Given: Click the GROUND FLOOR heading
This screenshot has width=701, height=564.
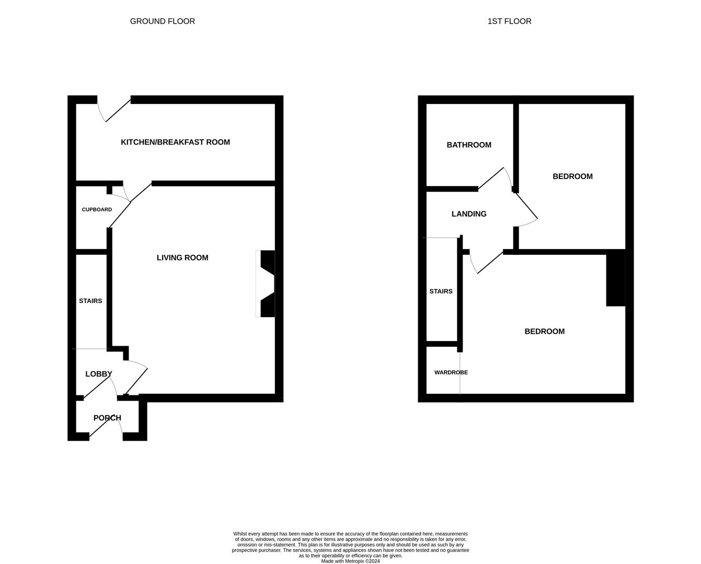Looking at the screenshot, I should tap(162, 21).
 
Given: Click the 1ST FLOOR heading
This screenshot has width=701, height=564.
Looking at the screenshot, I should tap(509, 21).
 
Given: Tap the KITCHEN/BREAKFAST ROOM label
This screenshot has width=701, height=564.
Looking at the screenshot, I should tap(175, 142).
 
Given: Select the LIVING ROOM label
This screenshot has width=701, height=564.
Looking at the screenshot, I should tap(182, 257).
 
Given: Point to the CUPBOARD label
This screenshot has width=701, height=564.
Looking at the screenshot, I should tap(97, 209).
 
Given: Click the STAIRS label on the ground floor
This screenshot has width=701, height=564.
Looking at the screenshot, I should tap(90, 301).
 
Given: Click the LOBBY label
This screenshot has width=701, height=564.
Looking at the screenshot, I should tap(98, 374).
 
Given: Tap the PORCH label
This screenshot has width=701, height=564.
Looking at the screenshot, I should tap(107, 418).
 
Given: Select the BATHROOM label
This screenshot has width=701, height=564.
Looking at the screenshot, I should tap(468, 145).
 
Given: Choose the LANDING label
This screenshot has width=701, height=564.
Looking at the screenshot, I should tap(468, 214).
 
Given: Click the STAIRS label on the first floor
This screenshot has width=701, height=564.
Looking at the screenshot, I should tap(441, 291).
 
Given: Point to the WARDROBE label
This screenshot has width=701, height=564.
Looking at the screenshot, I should tap(451, 372).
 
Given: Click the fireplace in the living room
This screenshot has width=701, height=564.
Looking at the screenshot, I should tap(266, 284).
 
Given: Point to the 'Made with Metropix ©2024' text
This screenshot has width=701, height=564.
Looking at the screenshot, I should tap(350, 561).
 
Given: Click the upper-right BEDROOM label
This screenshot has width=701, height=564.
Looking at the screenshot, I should tap(572, 177).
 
